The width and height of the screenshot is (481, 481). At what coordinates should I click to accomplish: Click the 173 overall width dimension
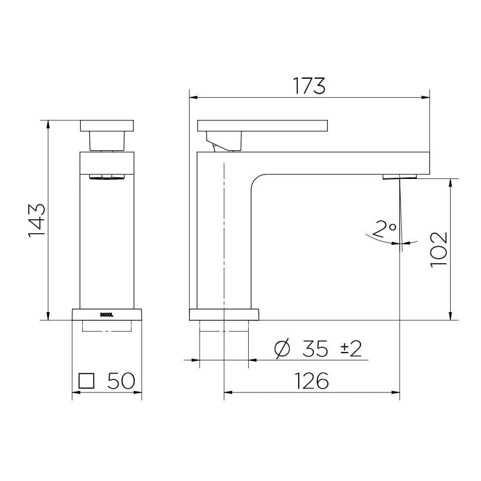tap(309, 86)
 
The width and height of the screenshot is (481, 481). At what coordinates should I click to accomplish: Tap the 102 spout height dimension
tap(438, 250)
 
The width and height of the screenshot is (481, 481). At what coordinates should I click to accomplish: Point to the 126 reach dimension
tap(312, 381)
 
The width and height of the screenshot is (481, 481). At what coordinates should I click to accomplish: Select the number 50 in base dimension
tap(120, 381)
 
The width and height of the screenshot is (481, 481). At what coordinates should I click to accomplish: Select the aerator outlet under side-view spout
tap(400, 177)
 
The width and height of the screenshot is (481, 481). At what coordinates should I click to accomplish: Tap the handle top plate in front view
tap(107, 126)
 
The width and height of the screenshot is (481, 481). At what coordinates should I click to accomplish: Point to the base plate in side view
tap(224, 315)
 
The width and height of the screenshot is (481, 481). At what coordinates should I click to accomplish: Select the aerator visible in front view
tap(107, 177)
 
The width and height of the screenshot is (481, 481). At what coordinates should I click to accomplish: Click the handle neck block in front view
tap(107, 141)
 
